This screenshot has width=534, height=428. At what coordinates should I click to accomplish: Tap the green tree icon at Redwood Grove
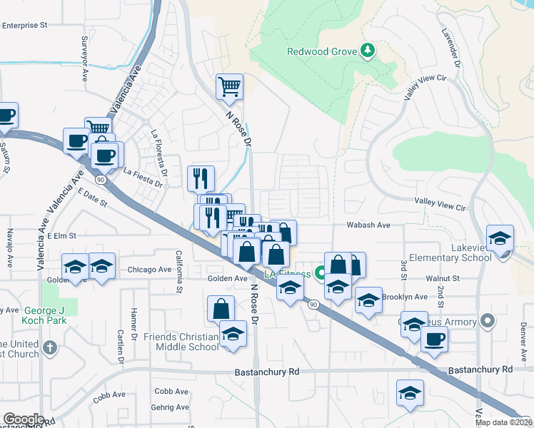click(367, 50)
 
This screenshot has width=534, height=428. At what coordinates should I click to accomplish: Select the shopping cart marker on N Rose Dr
click(229, 88)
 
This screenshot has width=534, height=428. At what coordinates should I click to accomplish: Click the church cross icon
click(49, 348)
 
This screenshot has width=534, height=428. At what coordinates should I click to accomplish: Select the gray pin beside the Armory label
click(488, 321)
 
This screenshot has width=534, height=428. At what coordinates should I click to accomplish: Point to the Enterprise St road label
click(24, 24)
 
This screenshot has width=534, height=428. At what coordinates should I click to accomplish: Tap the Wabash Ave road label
click(368, 225)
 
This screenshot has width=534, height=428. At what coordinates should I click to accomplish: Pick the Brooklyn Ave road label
click(404, 297)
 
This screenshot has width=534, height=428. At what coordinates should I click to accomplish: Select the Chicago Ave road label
click(149, 270)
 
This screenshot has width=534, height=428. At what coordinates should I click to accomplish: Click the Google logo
click(24, 419)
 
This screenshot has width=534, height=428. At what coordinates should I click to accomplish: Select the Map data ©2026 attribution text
click(503, 422)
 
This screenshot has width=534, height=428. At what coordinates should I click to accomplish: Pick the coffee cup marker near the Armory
click(434, 340)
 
